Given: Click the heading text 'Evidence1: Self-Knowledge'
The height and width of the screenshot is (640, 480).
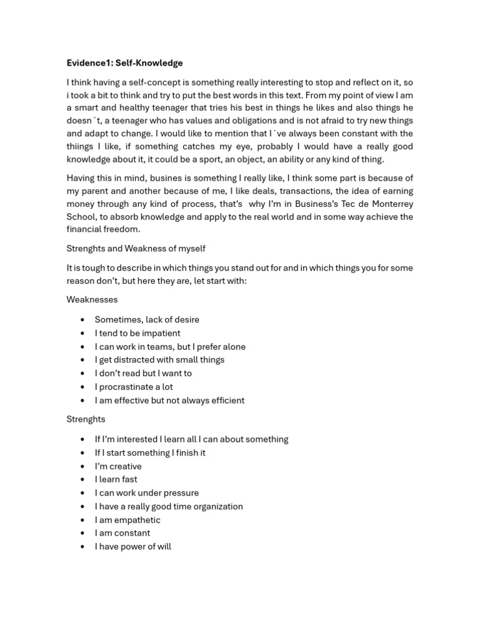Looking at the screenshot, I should coord(124,63).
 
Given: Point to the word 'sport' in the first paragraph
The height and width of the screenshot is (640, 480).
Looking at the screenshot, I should coord(238,159).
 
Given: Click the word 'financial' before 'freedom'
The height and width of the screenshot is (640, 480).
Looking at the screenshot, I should coord(85,229).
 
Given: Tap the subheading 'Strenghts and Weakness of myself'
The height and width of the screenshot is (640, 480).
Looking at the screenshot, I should coord(136,249).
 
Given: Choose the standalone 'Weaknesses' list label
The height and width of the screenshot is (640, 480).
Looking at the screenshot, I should coord(92,300).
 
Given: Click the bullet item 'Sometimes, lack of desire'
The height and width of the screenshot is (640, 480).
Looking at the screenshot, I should coord(147,319).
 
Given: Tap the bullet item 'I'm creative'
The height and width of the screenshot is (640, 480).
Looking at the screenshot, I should coord(118,466).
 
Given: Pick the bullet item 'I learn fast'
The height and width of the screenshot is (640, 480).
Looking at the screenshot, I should coord(116,479).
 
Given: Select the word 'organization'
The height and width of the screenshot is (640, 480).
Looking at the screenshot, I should coord(214,506).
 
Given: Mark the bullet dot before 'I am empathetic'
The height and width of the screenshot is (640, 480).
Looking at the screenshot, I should coord(82,520).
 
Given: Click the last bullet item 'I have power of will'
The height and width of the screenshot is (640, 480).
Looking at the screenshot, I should coord(132,547).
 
